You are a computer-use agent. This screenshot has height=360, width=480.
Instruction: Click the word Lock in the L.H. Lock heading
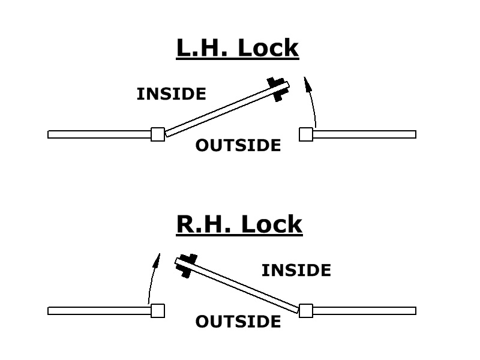[268, 47]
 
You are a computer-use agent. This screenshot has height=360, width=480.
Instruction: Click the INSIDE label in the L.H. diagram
[171, 94]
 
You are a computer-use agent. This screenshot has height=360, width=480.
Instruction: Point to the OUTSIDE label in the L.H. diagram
[238, 146]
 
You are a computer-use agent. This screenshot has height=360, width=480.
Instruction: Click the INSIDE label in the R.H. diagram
[296, 271]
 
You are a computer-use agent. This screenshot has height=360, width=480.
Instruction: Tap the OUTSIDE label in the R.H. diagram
[238, 322]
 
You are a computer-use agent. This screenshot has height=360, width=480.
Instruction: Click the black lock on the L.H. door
[277, 88]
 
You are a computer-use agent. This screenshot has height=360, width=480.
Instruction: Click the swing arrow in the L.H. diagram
[311, 102]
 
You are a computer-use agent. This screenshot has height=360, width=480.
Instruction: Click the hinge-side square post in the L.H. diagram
[158, 134]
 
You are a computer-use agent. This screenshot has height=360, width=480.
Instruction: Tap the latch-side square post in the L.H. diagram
[306, 134]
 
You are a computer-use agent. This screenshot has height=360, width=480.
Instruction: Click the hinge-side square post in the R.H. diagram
[306, 311]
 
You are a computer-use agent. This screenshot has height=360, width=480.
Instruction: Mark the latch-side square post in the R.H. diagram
[158, 311]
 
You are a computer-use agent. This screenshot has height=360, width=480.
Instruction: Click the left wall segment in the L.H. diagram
[99, 134]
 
